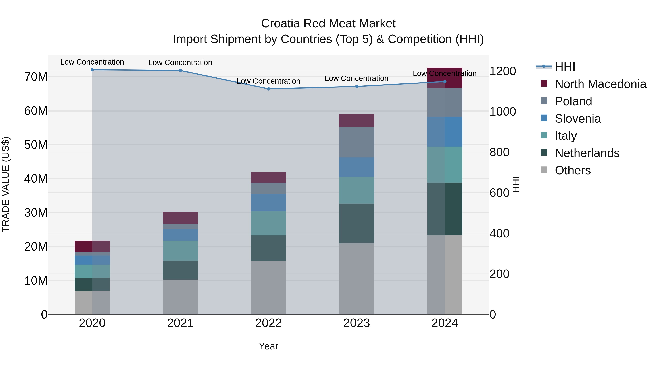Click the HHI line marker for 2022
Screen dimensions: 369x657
(x=268, y=89)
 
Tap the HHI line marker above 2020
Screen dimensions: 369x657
(x=92, y=70)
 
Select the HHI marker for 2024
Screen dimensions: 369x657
(x=445, y=81)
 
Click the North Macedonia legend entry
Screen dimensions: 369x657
(x=600, y=84)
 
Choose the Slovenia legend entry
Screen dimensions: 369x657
(x=577, y=119)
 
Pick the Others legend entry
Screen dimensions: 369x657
(x=572, y=170)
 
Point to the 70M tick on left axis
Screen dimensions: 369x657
(x=36, y=77)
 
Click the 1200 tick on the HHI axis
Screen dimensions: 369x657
(x=502, y=71)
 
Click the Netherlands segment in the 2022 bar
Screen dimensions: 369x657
(x=268, y=248)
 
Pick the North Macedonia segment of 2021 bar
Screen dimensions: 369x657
(x=180, y=218)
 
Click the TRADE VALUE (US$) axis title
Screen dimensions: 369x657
(x=6, y=184)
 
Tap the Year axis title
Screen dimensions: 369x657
(x=268, y=346)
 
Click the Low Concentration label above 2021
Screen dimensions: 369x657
(x=180, y=62)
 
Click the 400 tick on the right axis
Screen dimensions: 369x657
(x=499, y=233)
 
